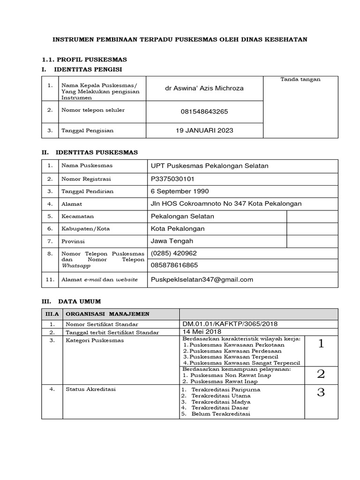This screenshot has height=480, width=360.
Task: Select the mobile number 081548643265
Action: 205,112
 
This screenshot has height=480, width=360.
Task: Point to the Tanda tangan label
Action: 300,79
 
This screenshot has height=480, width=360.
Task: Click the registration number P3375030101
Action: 172,179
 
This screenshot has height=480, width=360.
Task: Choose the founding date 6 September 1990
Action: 180,191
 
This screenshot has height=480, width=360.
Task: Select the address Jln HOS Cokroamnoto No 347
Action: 226,203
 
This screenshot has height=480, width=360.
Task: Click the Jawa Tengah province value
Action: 172,241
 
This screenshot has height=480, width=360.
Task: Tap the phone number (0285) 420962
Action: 173,253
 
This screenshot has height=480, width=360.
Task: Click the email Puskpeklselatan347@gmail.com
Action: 202,279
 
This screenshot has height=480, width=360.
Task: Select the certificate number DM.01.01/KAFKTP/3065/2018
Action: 228,324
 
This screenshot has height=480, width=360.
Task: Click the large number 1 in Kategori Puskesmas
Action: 321,345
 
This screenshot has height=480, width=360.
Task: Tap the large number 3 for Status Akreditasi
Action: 321,392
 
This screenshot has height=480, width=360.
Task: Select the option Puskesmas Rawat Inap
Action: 218,382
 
